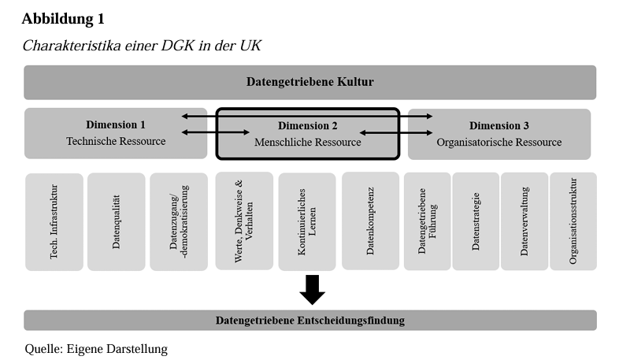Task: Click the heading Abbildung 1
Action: (x=62, y=18)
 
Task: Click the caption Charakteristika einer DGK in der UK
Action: (x=142, y=46)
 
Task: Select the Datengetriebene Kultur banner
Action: (x=309, y=82)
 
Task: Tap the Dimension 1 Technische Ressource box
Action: (x=116, y=133)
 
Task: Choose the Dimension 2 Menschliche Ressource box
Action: (x=308, y=134)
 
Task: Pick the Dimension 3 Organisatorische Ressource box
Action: (x=499, y=133)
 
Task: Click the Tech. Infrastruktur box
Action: (x=54, y=221)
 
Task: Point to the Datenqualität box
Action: (x=116, y=221)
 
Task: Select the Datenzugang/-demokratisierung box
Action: (x=179, y=221)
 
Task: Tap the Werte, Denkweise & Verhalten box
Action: (x=244, y=221)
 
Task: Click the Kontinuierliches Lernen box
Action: (x=306, y=221)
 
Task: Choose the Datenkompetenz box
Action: (x=370, y=221)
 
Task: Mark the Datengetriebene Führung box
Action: (x=427, y=221)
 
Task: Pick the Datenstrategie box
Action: (x=475, y=221)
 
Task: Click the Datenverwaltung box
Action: (x=524, y=221)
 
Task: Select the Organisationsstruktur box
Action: (x=573, y=221)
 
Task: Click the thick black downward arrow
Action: (x=313, y=288)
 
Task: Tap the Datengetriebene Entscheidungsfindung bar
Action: (x=309, y=320)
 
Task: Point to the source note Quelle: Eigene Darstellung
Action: (x=96, y=348)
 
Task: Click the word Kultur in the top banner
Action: (x=355, y=82)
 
